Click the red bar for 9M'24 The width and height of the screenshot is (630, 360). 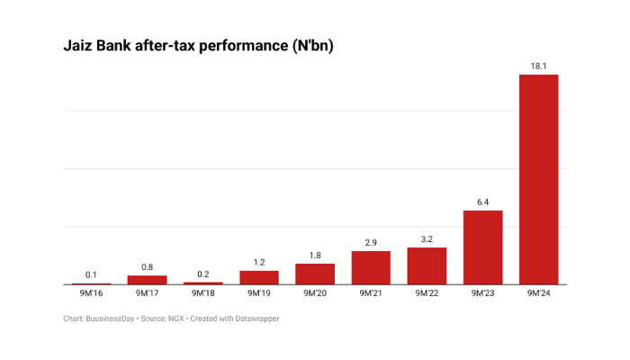pyautogui.click(x=539, y=179)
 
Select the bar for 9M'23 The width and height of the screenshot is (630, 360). pyautogui.click(x=483, y=247)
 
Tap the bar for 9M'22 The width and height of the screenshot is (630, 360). pyautogui.click(x=427, y=265)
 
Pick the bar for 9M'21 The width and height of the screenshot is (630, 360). pyautogui.click(x=371, y=267)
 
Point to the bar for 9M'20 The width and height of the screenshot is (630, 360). pyautogui.click(x=315, y=274)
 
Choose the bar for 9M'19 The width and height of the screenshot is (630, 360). pyautogui.click(x=259, y=277)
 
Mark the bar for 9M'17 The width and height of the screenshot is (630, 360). pyautogui.click(x=147, y=280)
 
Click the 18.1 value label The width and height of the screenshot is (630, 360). pyautogui.click(x=539, y=65)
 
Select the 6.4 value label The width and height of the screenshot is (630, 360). pyautogui.click(x=483, y=202)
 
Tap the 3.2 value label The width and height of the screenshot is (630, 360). pyautogui.click(x=427, y=238)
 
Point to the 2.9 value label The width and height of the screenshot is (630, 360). pyautogui.click(x=371, y=242)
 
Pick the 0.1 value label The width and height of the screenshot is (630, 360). pyautogui.click(x=91, y=274)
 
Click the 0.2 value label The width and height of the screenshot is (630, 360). pyautogui.click(x=203, y=274)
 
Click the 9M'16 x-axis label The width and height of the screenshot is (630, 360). pyautogui.click(x=91, y=293)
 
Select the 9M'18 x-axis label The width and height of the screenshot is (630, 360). pyautogui.click(x=203, y=293)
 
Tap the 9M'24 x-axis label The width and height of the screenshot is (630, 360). pyautogui.click(x=539, y=293)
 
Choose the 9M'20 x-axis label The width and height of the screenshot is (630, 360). pyautogui.click(x=315, y=293)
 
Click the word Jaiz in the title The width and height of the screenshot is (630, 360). pyautogui.click(x=79, y=45)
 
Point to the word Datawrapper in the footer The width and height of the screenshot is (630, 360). pyautogui.click(x=256, y=319)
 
